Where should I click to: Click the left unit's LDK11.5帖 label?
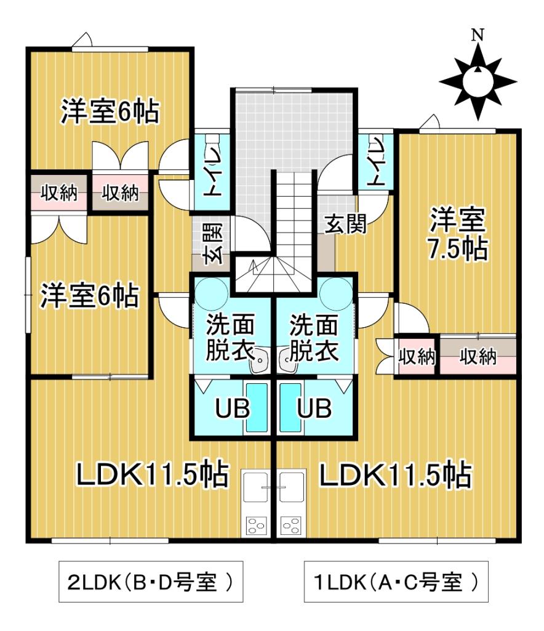point(153,475)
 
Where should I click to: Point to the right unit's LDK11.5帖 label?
point(395,475)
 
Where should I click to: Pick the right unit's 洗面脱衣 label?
point(314,337)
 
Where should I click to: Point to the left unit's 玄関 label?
point(212,243)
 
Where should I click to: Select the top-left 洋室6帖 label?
point(110,113)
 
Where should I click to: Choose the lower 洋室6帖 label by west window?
point(89,296)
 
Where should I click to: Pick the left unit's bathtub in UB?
point(257,409)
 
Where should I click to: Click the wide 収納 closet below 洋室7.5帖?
point(478,357)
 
